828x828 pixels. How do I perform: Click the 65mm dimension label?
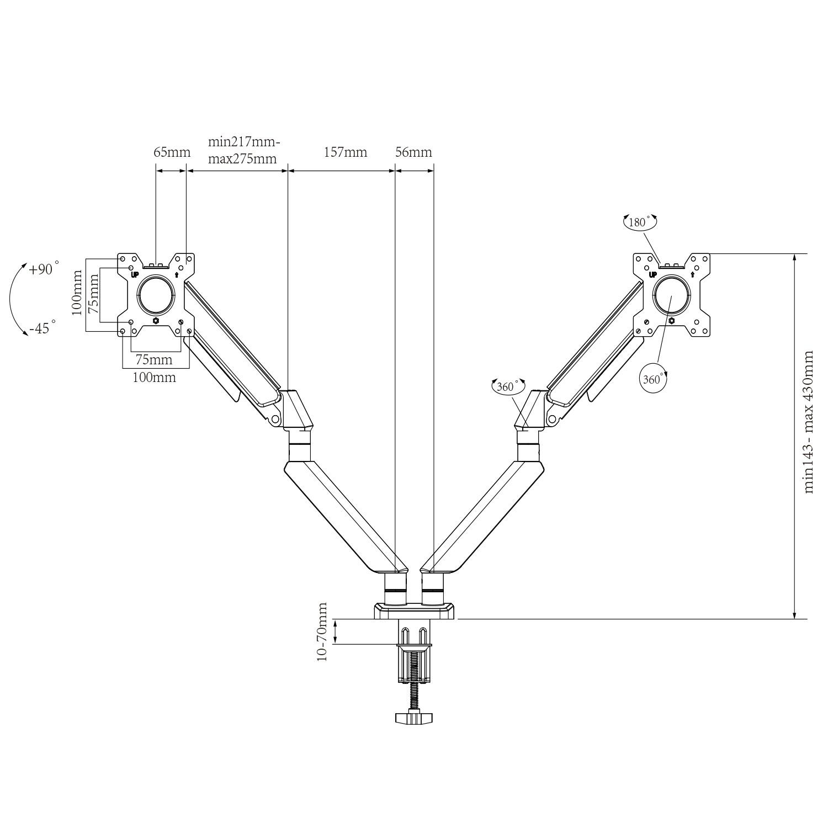(172, 152)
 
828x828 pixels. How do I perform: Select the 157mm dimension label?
(345, 152)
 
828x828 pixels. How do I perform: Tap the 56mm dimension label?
(413, 152)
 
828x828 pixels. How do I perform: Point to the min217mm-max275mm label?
(243, 150)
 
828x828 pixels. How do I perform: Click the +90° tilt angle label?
(44, 269)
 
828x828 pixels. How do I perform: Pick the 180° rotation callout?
(640, 222)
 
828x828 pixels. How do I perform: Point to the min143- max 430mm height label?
(809, 422)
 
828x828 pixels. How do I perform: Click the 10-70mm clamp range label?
(323, 632)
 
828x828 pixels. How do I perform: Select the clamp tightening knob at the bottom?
(413, 718)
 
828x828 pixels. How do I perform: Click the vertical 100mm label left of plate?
(78, 293)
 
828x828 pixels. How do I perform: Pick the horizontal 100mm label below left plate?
(155, 378)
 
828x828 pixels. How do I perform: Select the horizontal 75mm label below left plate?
(154, 360)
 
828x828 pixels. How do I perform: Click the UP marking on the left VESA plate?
(134, 274)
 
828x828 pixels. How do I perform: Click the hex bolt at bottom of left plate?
(156, 320)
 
